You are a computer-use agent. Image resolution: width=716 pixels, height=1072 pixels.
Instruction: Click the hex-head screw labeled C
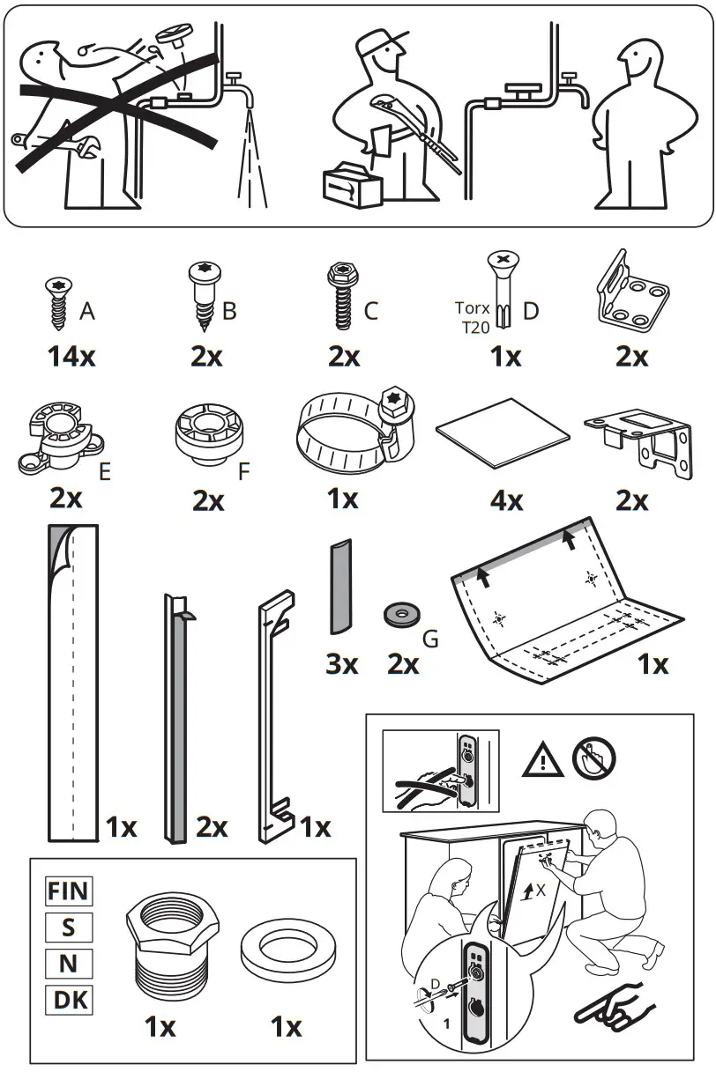(339, 299)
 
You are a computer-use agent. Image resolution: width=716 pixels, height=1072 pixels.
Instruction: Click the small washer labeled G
(399, 614)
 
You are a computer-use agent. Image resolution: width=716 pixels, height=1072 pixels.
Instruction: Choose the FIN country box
(69, 891)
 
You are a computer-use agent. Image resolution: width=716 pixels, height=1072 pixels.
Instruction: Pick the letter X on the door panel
(541, 891)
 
